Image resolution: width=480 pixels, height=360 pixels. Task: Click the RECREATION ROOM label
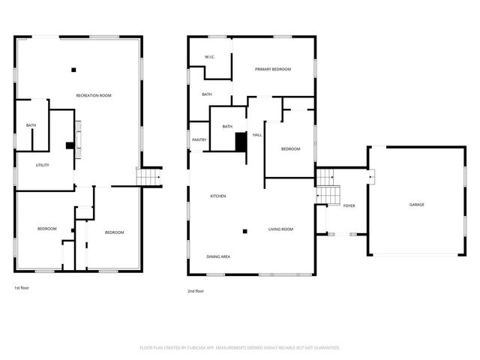tap(94, 95)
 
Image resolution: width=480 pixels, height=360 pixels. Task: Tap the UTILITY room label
tap(42, 165)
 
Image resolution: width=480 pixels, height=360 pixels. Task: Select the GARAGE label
tap(417, 205)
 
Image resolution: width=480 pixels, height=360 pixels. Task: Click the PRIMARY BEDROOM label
tap(273, 70)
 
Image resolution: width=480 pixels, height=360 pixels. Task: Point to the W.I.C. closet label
tap(211, 58)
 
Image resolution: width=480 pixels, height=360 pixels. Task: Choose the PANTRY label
tap(199, 139)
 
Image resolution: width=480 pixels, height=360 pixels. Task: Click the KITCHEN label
tap(218, 196)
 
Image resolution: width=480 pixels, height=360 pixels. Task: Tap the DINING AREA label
tap(218, 257)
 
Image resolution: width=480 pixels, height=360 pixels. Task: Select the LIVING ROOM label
tap(281, 229)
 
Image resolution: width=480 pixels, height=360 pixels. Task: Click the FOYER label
tap(349, 205)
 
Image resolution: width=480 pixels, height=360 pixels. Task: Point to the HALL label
tap(256, 135)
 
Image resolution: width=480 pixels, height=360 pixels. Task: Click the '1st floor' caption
tap(22, 288)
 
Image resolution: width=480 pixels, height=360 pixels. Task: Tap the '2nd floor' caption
tap(195, 291)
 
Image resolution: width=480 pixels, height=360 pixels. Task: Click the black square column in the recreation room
tap(73, 70)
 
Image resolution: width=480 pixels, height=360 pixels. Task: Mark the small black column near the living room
tap(244, 231)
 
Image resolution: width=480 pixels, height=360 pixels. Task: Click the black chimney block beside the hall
tap(241, 142)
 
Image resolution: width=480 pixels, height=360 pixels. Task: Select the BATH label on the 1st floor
tap(31, 125)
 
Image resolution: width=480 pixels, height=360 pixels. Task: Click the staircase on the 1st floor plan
tap(149, 177)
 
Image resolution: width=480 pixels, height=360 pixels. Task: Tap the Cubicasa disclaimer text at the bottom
tap(240, 348)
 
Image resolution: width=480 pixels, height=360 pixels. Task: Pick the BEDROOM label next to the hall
tap(290, 149)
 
